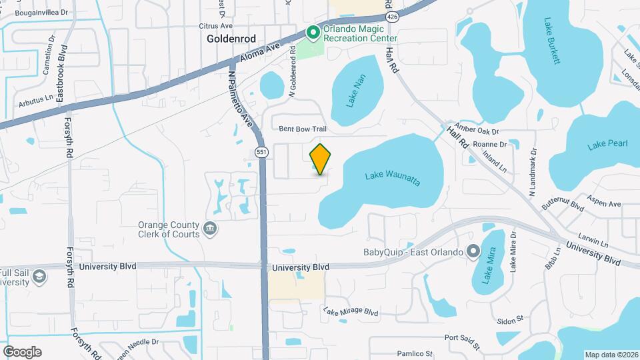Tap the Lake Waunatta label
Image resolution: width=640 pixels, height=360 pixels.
pos(393,179)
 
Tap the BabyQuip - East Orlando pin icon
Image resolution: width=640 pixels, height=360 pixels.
pos(473,252)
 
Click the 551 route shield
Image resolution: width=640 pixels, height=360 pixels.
pos(262,153)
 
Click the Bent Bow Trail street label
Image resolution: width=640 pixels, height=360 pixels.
pos(303,128)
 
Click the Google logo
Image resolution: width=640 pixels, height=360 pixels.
pos(22,351)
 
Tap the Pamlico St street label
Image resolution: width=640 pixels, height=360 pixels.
pos(411,353)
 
